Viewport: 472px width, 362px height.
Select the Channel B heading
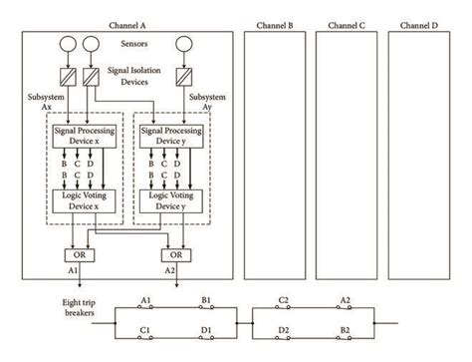[x=274, y=23]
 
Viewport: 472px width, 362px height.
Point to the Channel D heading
[x=420, y=23]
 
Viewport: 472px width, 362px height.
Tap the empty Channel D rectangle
[x=420, y=155]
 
